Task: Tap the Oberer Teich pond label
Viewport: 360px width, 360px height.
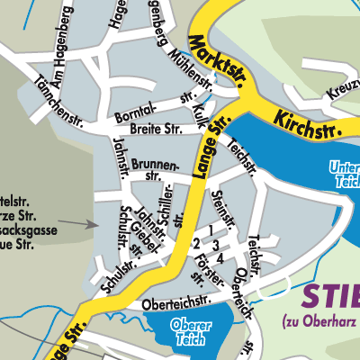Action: tap(187, 332)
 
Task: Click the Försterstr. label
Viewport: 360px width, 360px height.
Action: tap(200, 269)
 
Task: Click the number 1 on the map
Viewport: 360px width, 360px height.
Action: tap(211, 231)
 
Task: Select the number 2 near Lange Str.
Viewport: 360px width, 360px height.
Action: tap(196, 244)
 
